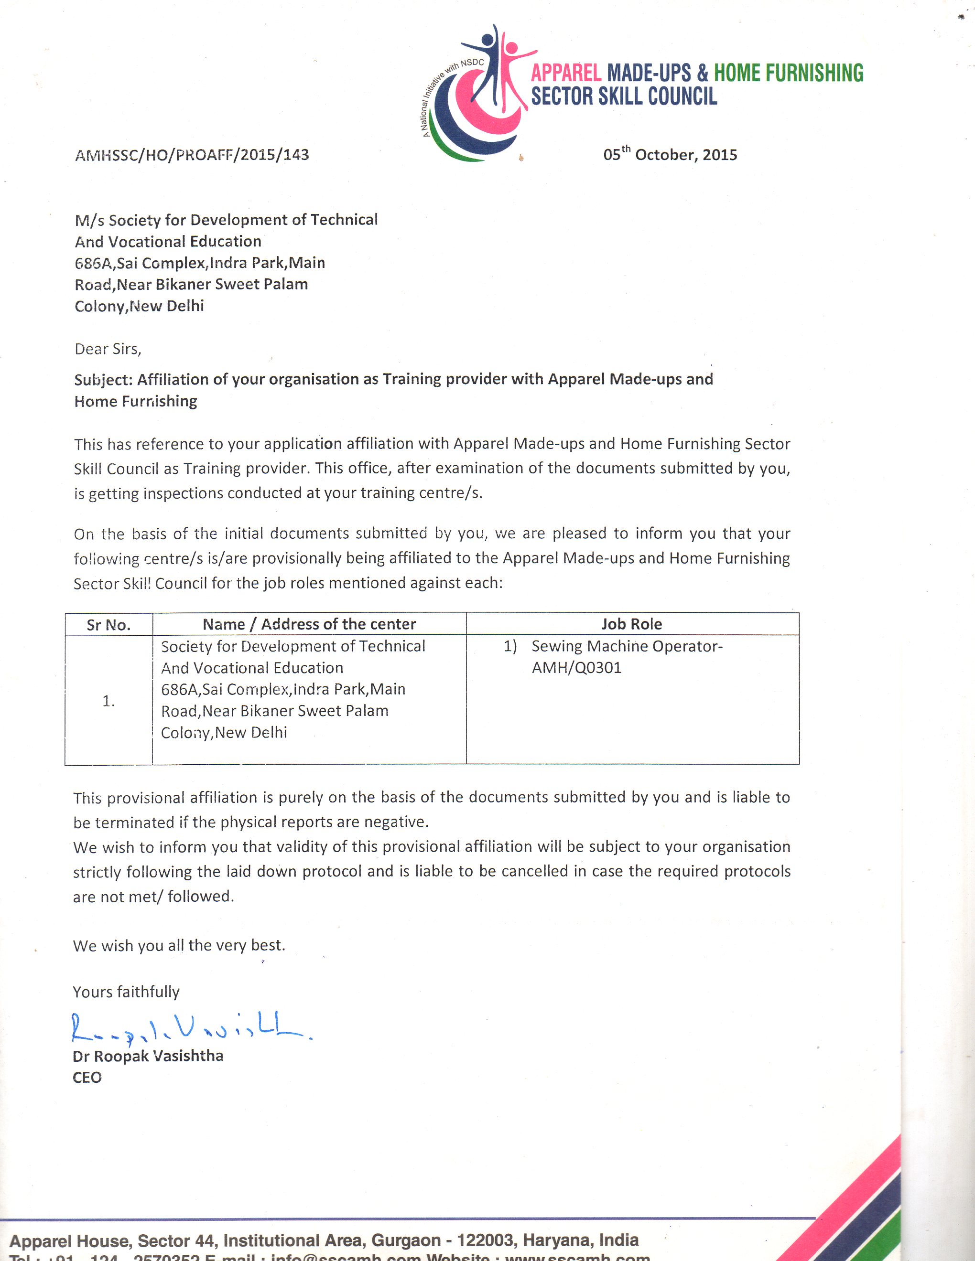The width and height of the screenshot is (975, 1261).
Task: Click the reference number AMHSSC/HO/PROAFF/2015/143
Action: (x=192, y=155)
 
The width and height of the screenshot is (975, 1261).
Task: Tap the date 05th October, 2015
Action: (x=670, y=155)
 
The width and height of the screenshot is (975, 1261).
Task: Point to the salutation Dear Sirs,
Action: (x=108, y=349)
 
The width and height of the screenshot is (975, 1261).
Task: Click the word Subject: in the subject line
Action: (x=103, y=380)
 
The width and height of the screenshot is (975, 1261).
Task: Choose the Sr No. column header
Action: (x=108, y=625)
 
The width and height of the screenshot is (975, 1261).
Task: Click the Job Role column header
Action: (x=632, y=624)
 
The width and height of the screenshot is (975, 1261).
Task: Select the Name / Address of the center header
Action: (x=309, y=624)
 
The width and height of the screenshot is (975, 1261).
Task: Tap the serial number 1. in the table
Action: (x=108, y=701)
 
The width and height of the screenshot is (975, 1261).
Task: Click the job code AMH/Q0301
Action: (x=576, y=668)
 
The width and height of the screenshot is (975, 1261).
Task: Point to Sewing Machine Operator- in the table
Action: (x=627, y=646)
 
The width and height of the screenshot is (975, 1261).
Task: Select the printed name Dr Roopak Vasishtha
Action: (x=148, y=1056)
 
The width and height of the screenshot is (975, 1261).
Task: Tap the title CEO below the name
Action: (x=87, y=1078)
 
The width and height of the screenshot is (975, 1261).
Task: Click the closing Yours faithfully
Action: (x=126, y=992)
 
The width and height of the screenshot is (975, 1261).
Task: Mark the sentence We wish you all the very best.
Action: (x=179, y=945)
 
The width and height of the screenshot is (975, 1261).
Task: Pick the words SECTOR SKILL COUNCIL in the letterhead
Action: (x=624, y=96)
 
